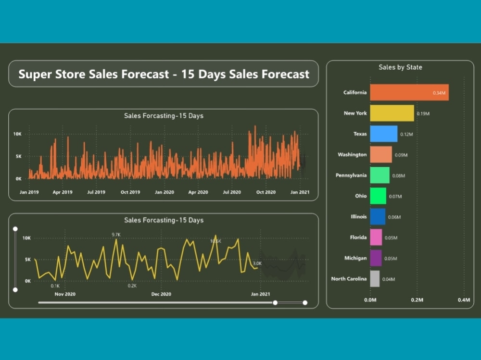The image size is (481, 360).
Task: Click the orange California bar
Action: [409, 92]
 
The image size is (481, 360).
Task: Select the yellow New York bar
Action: [392, 113]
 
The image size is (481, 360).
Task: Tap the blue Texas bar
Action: [383, 134]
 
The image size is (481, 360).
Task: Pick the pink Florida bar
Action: [376, 237]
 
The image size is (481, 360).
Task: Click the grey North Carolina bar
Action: [375, 279]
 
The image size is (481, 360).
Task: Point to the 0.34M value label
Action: [439, 93]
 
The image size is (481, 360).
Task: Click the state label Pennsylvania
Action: [351, 175]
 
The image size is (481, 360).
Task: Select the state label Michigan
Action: [355, 258]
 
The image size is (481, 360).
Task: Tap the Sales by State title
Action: [400, 67]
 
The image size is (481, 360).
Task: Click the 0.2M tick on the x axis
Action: [417, 300]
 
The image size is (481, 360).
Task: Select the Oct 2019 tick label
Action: [130, 192]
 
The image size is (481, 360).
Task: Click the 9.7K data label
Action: [116, 235]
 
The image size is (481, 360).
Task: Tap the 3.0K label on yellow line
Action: [257, 263]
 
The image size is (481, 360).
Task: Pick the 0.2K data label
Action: [132, 286]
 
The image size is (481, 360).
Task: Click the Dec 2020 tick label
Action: [161, 294]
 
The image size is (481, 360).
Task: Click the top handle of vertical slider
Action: [15, 229]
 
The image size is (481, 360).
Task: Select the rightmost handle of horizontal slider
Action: [305, 303]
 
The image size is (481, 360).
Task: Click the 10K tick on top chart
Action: [17, 134]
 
